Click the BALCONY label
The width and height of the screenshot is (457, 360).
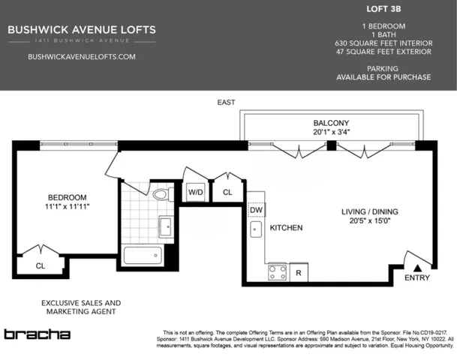tap(331, 122)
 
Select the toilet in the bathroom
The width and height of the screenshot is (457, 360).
tap(160, 194)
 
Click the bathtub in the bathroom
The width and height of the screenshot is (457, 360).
tap(147, 255)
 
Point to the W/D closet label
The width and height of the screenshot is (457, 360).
tap(196, 193)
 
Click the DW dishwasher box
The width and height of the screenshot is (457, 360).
tap(256, 209)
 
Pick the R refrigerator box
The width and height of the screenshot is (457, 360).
tap(299, 273)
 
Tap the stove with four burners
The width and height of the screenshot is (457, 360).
tap(277, 272)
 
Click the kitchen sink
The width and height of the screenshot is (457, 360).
tap(256, 228)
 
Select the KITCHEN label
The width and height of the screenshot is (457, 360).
tap(286, 227)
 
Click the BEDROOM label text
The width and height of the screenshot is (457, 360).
tap(67, 197)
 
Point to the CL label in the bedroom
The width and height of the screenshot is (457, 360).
tap(40, 264)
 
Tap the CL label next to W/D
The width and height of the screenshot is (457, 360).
tap(227, 193)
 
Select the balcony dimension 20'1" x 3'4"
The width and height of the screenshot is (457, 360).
tap(331, 133)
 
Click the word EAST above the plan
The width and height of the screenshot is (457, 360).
tap(226, 102)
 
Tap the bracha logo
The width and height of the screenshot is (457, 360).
tap(37, 334)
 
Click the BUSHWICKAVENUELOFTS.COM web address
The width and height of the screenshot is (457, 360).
tap(81, 57)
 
